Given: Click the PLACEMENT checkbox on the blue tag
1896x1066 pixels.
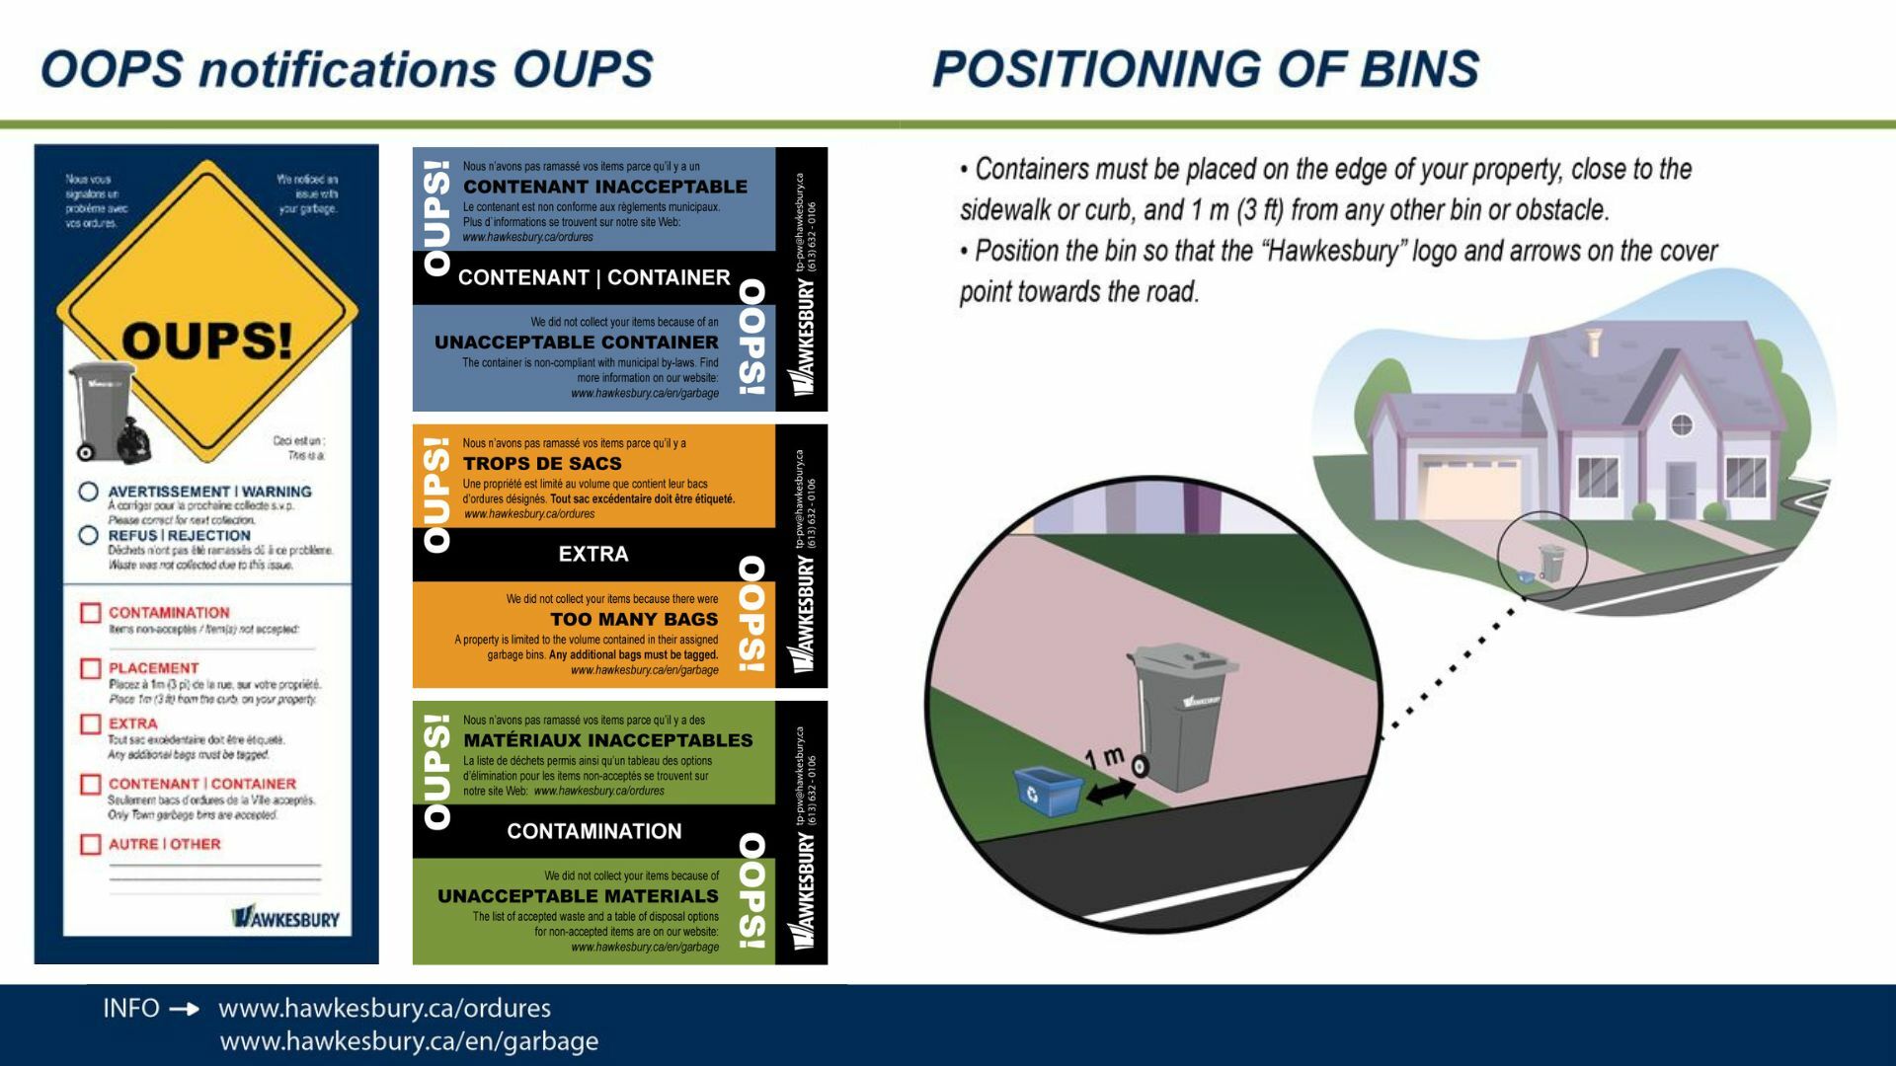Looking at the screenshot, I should click(90, 669).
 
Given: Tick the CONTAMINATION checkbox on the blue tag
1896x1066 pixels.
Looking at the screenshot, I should click(90, 613).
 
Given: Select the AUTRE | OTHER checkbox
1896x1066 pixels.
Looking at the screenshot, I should click(90, 845).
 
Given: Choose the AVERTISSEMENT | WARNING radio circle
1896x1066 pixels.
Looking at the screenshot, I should click(89, 492).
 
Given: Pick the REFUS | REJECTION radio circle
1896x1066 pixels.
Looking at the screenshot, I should click(89, 536).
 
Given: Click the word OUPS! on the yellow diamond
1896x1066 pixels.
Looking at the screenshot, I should click(207, 342).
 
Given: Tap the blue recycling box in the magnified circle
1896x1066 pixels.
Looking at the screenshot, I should click(1047, 790).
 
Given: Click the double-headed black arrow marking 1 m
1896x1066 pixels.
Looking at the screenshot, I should click(1111, 791).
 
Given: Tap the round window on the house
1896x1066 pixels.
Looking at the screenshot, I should click(1681, 425).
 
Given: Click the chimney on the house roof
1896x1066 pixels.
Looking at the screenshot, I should click(1592, 343).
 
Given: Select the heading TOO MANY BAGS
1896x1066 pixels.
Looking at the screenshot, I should click(634, 620).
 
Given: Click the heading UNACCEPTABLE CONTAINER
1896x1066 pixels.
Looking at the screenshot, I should click(577, 343).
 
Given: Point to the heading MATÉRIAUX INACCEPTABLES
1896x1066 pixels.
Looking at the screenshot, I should click(607, 740).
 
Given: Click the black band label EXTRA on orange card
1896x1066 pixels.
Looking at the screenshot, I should click(592, 554).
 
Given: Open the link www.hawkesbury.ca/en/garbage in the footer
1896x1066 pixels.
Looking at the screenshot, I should click(409, 1041).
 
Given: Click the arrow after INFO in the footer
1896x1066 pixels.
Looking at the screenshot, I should click(185, 1009).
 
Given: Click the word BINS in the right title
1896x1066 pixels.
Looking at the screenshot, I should click(1419, 69).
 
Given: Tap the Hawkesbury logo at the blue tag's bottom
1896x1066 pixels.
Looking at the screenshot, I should click(285, 918).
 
